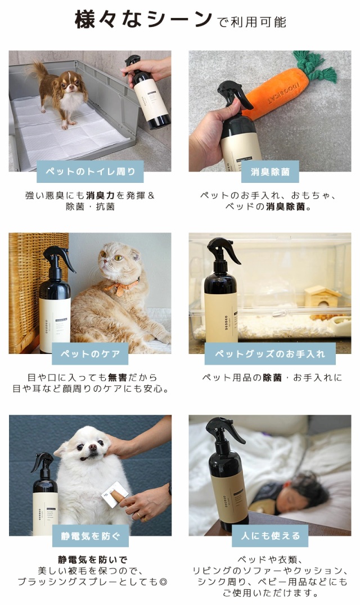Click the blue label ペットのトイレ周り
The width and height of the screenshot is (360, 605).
click(x=90, y=172)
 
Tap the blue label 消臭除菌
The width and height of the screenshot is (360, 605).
click(x=269, y=172)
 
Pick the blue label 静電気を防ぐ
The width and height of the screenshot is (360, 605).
click(x=90, y=536)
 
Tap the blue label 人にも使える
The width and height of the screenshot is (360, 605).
click(x=270, y=536)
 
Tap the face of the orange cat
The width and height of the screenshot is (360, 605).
click(x=115, y=263)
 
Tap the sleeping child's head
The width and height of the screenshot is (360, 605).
click(x=307, y=490)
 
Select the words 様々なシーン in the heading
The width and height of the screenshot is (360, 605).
click(x=143, y=20)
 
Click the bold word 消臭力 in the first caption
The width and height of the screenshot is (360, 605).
click(x=101, y=195)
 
